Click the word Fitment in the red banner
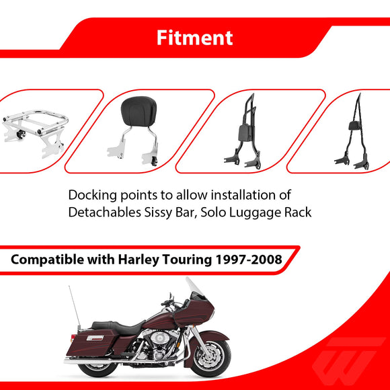195,38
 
